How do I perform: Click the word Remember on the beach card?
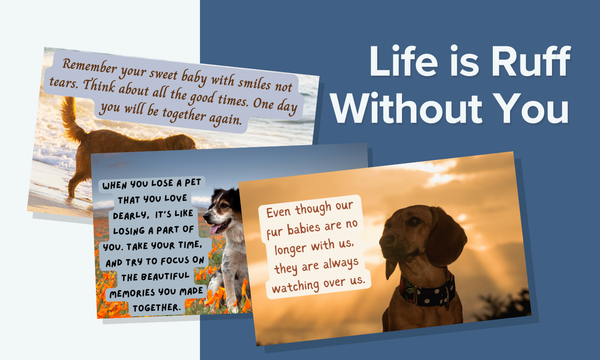[90, 66]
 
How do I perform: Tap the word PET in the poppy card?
[192, 182]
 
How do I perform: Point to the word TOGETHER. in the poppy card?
[156, 308]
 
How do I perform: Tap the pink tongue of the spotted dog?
[215, 229]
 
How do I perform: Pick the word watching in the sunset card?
[295, 287]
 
